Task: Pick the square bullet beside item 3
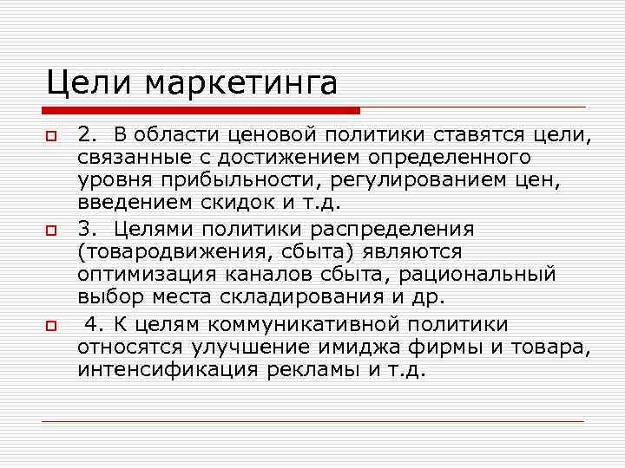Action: tap(50, 233)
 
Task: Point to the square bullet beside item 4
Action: tap(50, 328)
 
